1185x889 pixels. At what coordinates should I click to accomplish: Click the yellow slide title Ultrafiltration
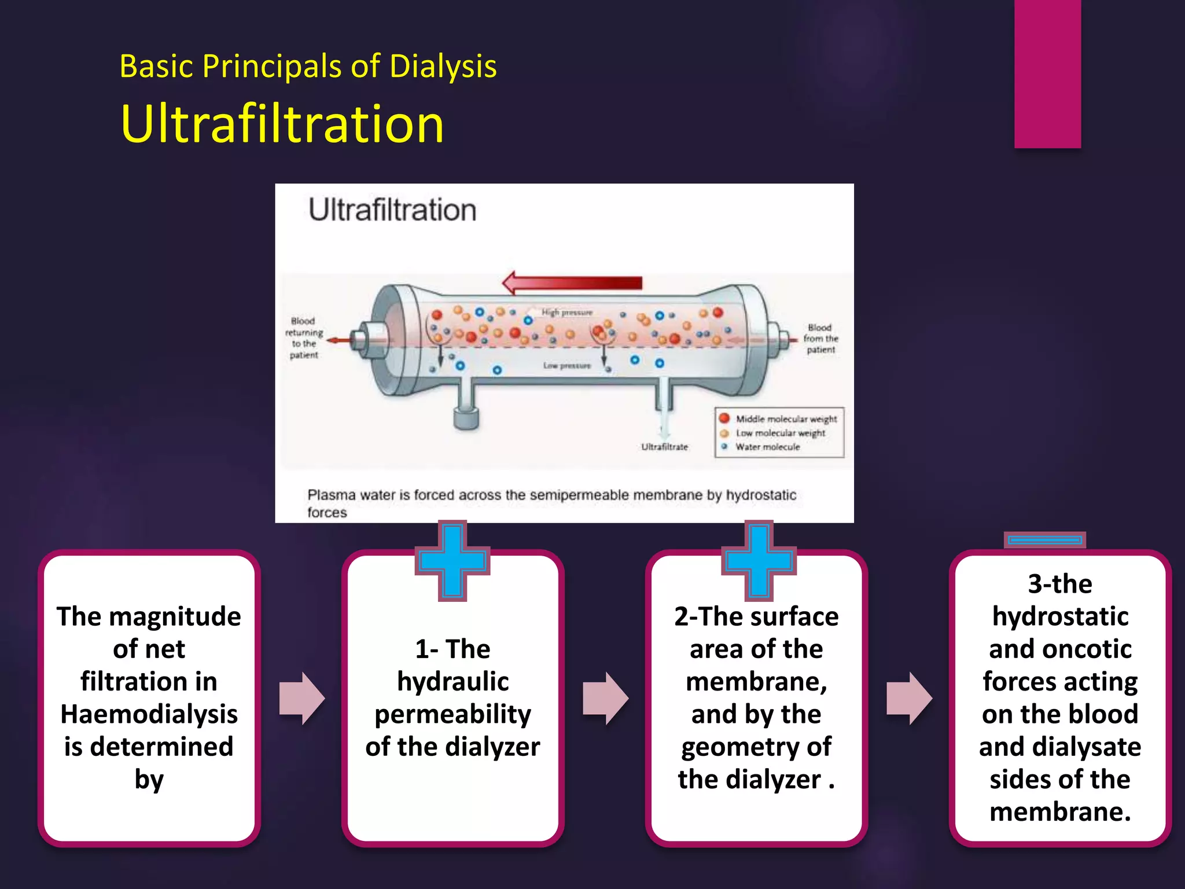click(282, 124)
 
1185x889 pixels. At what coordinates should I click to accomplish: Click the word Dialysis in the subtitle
click(443, 67)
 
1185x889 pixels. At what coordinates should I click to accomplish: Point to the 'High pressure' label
click(567, 313)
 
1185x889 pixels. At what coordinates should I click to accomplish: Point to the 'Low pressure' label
click(567, 366)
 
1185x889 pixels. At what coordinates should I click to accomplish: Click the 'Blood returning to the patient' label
click(304, 337)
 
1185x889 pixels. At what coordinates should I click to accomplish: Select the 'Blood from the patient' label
click(820, 339)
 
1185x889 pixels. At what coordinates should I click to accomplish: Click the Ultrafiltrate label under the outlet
click(664, 447)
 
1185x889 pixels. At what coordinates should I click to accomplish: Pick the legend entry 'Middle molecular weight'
click(786, 418)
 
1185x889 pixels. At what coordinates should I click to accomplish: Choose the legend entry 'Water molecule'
click(767, 447)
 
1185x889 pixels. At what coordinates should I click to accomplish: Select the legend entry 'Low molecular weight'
click(780, 433)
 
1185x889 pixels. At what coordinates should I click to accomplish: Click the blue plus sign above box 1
click(452, 560)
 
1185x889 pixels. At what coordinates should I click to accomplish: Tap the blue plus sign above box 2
click(759, 560)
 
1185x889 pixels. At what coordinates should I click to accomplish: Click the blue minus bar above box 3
click(1044, 540)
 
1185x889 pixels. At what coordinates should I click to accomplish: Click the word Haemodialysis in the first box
click(149, 714)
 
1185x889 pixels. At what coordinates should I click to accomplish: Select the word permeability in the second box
click(452, 714)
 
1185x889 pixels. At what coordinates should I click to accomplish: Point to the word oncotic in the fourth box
click(1088, 649)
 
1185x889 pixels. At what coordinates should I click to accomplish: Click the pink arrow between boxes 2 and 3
click(605, 698)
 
